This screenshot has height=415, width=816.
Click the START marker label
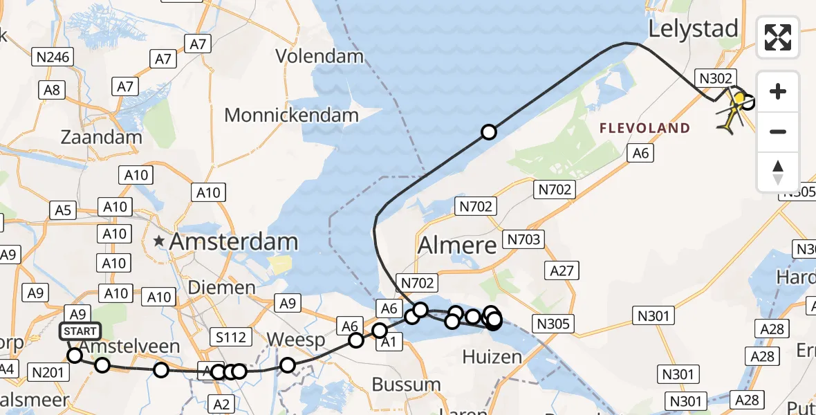click(80, 332)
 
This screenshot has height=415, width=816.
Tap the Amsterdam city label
click(233, 242)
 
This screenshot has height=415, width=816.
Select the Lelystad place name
click(693, 29)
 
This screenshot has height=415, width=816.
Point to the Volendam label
click(320, 55)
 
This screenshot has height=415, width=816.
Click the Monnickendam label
click(291, 115)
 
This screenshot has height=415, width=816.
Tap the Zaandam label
click(102, 136)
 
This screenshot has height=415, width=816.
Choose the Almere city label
click(457, 245)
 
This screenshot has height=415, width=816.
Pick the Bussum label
click(406, 384)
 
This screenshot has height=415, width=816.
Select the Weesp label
click(295, 340)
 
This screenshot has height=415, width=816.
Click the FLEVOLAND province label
click(645, 128)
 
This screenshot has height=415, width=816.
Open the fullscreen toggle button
click(778, 37)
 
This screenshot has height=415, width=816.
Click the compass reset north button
click(778, 172)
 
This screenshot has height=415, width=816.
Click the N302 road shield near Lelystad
click(715, 78)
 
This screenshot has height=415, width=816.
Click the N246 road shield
click(52, 57)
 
